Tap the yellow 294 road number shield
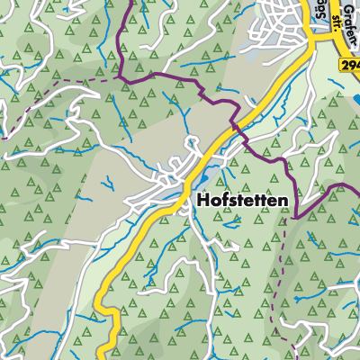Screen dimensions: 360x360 tap(350, 67)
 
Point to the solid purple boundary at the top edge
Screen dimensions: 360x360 tap(134, 2)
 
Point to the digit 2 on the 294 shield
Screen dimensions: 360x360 tap(345, 67)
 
